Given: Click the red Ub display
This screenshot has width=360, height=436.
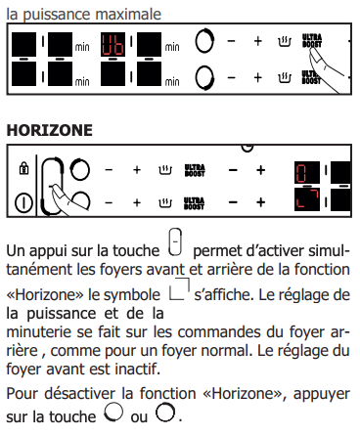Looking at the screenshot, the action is (112, 45).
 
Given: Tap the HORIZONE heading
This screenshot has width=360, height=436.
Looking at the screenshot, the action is (50, 130).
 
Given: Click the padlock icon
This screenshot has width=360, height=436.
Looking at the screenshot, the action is (23, 168).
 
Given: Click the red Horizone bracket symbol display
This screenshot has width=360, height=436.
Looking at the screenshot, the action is (307, 199).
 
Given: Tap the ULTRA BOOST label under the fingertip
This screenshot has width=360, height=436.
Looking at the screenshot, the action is (312, 40).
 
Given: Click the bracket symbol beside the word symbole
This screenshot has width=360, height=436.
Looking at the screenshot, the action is (179, 288).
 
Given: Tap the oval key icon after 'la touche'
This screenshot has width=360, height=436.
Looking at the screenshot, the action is (175, 242).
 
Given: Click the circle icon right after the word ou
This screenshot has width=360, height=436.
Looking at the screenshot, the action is (165, 413).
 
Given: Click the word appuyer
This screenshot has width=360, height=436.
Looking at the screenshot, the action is (322, 394).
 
